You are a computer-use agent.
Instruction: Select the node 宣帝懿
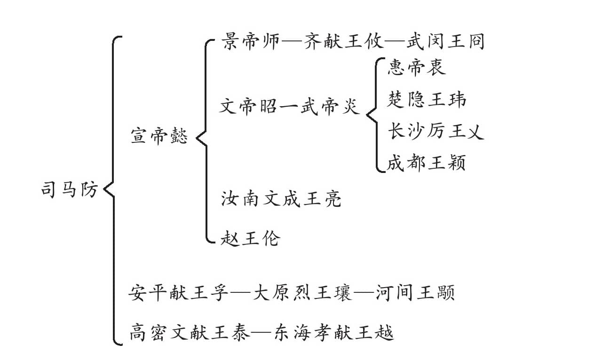[159, 135]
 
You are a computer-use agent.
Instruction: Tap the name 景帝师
[251, 41]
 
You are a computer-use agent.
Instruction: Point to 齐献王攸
[344, 41]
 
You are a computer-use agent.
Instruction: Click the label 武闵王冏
[445, 41]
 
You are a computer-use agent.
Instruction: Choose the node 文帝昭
[248, 106]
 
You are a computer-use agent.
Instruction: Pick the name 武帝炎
[331, 106]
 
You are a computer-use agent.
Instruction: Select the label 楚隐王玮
[427, 99]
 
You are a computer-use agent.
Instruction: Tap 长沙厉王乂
[436, 131]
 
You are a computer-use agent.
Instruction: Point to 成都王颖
[427, 163]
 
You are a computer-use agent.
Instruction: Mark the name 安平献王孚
[178, 292]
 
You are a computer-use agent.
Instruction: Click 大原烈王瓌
[302, 292]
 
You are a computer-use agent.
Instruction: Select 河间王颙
[416, 292]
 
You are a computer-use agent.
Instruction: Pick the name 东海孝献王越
[334, 332]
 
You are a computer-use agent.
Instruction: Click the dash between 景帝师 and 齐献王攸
[292, 42]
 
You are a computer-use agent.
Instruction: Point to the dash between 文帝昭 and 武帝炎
[289, 106]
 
